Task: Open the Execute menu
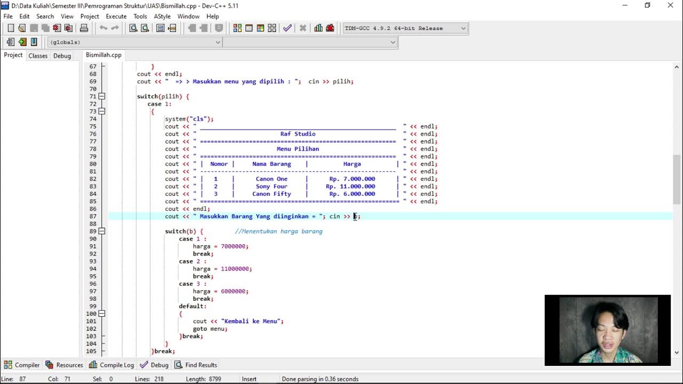tap(116, 17)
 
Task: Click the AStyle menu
tap(162, 17)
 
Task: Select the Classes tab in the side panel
tap(38, 55)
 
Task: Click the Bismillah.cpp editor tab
tap(104, 55)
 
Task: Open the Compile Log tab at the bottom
tap(112, 365)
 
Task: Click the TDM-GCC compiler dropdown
tap(404, 28)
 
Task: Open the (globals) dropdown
tap(134, 42)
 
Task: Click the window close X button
tap(670, 5)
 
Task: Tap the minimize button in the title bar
tap(625, 5)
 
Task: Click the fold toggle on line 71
tap(101, 97)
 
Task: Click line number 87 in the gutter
tap(92, 217)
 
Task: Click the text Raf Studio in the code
tap(298, 134)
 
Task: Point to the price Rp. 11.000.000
tap(351, 187)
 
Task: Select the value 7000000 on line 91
tap(234, 246)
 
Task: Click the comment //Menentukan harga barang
tap(279, 231)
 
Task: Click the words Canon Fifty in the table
tap(272, 194)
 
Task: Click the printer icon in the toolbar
tap(84, 28)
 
